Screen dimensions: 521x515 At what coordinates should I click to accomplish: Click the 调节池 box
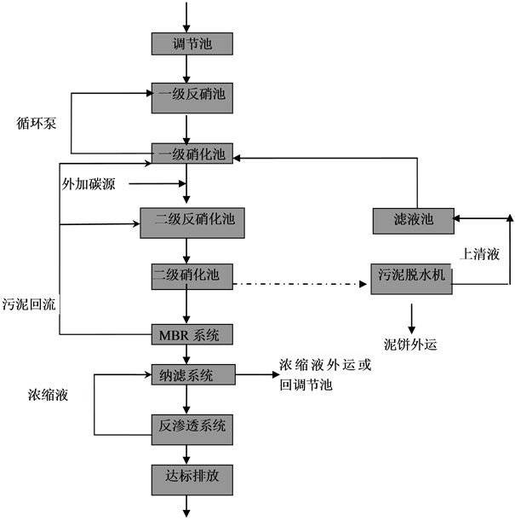(x=192, y=43)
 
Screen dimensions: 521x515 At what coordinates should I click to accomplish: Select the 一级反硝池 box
(x=192, y=95)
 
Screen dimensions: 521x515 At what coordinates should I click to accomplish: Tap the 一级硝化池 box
(x=192, y=154)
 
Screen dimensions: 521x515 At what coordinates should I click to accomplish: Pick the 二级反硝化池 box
(x=192, y=222)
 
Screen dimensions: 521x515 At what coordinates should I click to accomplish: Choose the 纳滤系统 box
(x=192, y=375)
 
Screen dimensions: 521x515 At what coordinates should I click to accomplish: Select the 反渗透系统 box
(x=192, y=425)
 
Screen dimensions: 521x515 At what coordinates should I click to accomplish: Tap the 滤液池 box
(x=413, y=220)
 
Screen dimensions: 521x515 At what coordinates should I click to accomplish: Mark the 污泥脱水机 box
(x=411, y=276)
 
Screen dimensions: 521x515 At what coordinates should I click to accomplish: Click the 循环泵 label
(x=37, y=124)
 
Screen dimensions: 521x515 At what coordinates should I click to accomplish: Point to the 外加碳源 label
(x=89, y=183)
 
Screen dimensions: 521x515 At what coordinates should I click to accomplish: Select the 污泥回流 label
(x=31, y=304)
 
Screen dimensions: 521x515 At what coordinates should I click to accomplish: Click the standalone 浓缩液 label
(x=48, y=395)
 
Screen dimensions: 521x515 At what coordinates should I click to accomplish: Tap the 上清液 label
(x=479, y=255)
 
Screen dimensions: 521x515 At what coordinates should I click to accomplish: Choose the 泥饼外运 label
(x=410, y=345)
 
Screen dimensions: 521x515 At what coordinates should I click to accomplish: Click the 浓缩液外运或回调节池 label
(x=325, y=375)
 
